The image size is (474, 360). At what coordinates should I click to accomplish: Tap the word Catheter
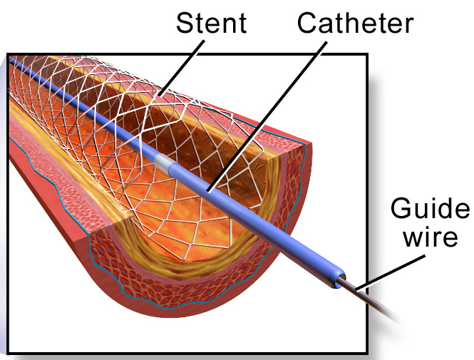[x=354, y=23]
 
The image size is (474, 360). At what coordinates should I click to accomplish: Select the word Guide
[x=429, y=210]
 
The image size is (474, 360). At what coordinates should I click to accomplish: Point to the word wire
[x=429, y=237]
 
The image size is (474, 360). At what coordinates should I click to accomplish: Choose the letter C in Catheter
[x=308, y=23]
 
